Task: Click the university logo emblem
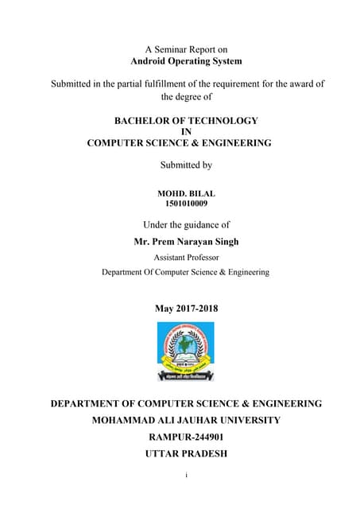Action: pos(186,351)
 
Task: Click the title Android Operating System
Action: pos(186,60)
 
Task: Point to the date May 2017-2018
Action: pos(186,309)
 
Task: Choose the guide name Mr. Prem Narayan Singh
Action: pos(186,242)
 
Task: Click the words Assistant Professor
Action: pos(186,257)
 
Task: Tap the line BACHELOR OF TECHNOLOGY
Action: pos(186,120)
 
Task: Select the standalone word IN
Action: pos(186,132)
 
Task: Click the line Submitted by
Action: pos(186,165)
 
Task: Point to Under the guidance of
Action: pos(186,225)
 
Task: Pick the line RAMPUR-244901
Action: pos(186,437)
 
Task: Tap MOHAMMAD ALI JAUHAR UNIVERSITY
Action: pos(186,420)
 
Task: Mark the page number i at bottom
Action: pos(185,475)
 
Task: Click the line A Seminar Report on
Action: pos(186,49)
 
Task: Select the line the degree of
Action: pos(186,96)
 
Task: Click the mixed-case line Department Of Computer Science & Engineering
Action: pos(185,272)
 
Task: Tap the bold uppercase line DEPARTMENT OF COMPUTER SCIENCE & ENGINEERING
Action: pos(186,403)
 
